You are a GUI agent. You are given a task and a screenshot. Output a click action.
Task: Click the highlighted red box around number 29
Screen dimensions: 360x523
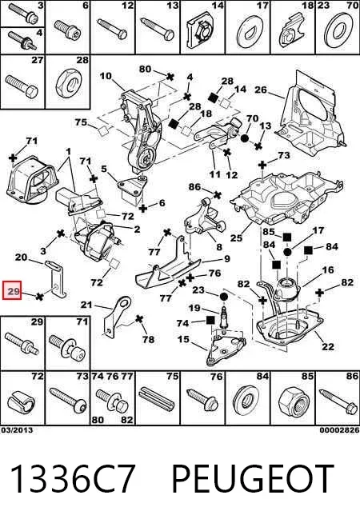tap(12, 290)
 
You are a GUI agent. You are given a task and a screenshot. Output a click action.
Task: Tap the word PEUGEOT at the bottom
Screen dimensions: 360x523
tap(253, 478)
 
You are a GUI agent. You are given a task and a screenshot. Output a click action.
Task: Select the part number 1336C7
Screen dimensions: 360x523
tap(72, 478)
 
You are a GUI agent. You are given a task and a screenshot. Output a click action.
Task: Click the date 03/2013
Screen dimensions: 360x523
tap(17, 430)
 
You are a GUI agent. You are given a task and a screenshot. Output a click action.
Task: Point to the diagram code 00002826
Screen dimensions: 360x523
tap(339, 430)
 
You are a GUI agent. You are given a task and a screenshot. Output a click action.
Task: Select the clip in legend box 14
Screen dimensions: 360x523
tap(202, 32)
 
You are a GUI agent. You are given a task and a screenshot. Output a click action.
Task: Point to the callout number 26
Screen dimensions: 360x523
tap(261, 90)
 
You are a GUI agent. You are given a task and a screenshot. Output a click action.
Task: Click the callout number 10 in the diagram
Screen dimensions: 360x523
tap(106, 76)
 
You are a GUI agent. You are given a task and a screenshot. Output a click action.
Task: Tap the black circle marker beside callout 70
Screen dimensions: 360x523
tap(244, 138)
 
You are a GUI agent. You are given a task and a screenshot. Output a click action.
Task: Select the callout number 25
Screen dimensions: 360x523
tap(236, 238)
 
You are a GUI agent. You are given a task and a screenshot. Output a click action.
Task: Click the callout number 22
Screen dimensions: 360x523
tap(328, 346)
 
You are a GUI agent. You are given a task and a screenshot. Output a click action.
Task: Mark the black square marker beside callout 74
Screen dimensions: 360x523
tap(210, 320)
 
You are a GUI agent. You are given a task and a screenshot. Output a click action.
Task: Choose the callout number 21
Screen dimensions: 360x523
tap(86, 305)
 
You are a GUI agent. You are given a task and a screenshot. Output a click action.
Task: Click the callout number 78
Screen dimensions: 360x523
tap(148, 339)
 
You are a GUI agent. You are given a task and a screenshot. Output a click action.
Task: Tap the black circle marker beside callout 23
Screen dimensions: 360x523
tap(223, 296)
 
